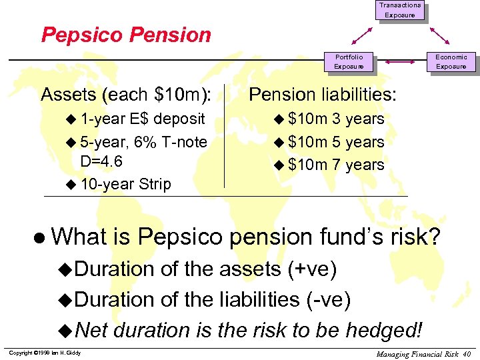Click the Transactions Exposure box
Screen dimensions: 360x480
(x=400, y=10)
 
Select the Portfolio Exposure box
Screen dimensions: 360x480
(x=349, y=61)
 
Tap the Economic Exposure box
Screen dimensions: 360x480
(x=451, y=61)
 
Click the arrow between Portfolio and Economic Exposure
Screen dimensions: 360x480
(x=400, y=62)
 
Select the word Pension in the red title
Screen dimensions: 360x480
(x=171, y=35)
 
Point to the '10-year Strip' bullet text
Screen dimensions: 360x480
(x=125, y=184)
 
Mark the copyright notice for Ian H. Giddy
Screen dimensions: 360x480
(x=45, y=352)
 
